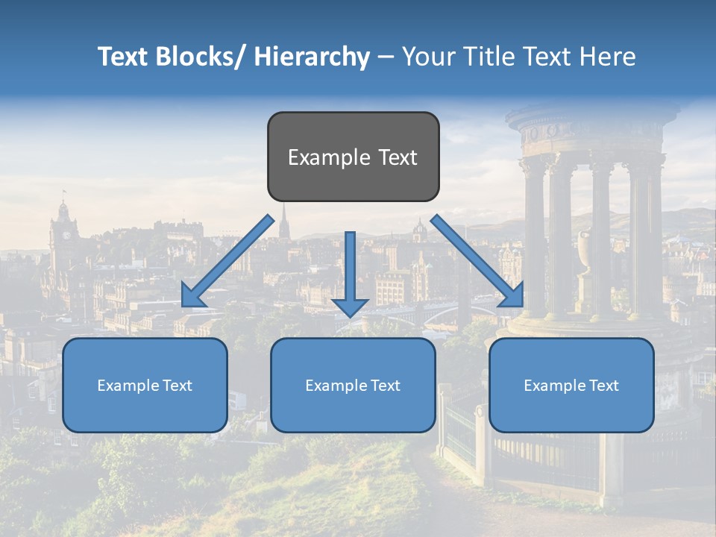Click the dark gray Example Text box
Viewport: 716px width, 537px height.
[353, 157]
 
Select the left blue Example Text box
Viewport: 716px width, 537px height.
[145, 385]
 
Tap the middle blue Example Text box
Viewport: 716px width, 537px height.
[353, 385]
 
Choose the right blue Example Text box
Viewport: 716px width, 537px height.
[571, 385]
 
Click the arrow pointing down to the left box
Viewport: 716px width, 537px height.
[227, 261]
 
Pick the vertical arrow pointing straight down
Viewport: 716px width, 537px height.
[350, 273]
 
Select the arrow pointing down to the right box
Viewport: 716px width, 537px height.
[477, 261]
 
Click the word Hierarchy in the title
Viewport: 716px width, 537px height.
[311, 57]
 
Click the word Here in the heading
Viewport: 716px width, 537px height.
[609, 57]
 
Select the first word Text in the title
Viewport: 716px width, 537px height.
[124, 57]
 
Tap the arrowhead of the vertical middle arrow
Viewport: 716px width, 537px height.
[350, 307]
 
